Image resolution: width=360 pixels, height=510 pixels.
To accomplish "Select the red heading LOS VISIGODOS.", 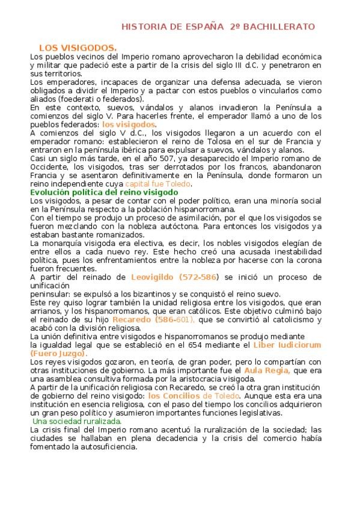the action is click(x=78, y=48).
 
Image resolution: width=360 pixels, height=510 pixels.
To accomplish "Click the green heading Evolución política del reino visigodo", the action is click(x=104, y=192).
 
